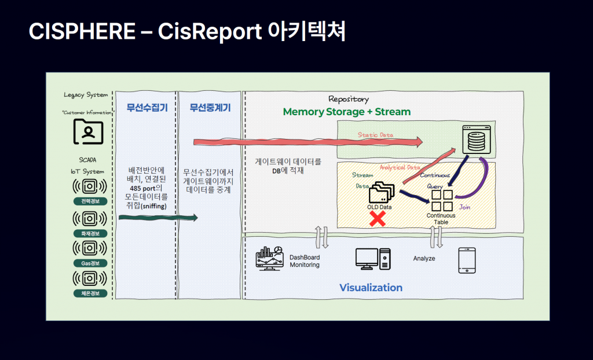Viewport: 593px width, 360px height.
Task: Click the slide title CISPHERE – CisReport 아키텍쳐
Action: point(187,32)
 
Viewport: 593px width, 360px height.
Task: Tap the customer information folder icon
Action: point(89,132)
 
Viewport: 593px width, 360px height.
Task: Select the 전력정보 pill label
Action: point(90,202)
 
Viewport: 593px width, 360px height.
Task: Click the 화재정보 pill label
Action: point(90,233)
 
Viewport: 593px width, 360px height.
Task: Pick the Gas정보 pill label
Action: point(90,263)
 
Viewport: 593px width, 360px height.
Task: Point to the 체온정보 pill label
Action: point(90,293)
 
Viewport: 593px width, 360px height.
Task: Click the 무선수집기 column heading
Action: point(147,107)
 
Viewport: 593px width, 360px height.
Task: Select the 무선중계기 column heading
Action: point(210,107)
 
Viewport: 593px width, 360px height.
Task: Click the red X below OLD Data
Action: point(378,219)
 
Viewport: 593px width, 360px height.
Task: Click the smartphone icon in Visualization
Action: point(467,260)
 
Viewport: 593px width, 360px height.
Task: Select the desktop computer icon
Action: point(373,259)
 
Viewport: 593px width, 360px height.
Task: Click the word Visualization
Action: point(371,288)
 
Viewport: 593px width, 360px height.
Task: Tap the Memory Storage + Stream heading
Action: point(346,112)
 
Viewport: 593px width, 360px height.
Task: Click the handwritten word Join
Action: point(464,207)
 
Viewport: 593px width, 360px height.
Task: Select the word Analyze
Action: point(424,258)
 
